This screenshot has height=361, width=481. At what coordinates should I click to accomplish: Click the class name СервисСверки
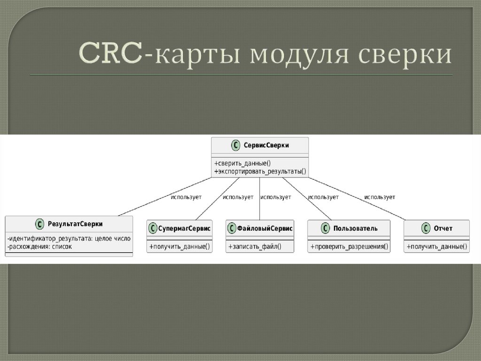click(266, 145)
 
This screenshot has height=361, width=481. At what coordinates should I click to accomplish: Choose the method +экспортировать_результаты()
click(260, 172)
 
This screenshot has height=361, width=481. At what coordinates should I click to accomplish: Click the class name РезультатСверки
click(75, 224)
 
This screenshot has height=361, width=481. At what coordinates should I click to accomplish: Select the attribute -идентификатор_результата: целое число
click(69, 239)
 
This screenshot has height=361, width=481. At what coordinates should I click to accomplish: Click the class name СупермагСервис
click(184, 228)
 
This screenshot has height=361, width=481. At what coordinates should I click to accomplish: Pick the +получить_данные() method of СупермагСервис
click(179, 246)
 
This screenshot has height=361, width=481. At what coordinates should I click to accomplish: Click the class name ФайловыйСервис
click(264, 228)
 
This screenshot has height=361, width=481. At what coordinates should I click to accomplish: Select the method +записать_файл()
click(255, 246)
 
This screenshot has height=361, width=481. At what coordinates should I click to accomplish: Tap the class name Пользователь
click(355, 228)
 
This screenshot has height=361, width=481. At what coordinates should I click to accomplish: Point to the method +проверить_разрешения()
click(349, 246)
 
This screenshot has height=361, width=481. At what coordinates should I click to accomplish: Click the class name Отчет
click(443, 228)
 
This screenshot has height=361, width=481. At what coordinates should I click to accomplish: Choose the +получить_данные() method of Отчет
click(437, 246)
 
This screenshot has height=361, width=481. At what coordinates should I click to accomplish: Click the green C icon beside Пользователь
click(326, 228)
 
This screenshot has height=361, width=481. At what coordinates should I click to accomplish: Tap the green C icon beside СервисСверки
click(236, 145)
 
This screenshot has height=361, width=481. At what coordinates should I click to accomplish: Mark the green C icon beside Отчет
click(426, 228)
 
